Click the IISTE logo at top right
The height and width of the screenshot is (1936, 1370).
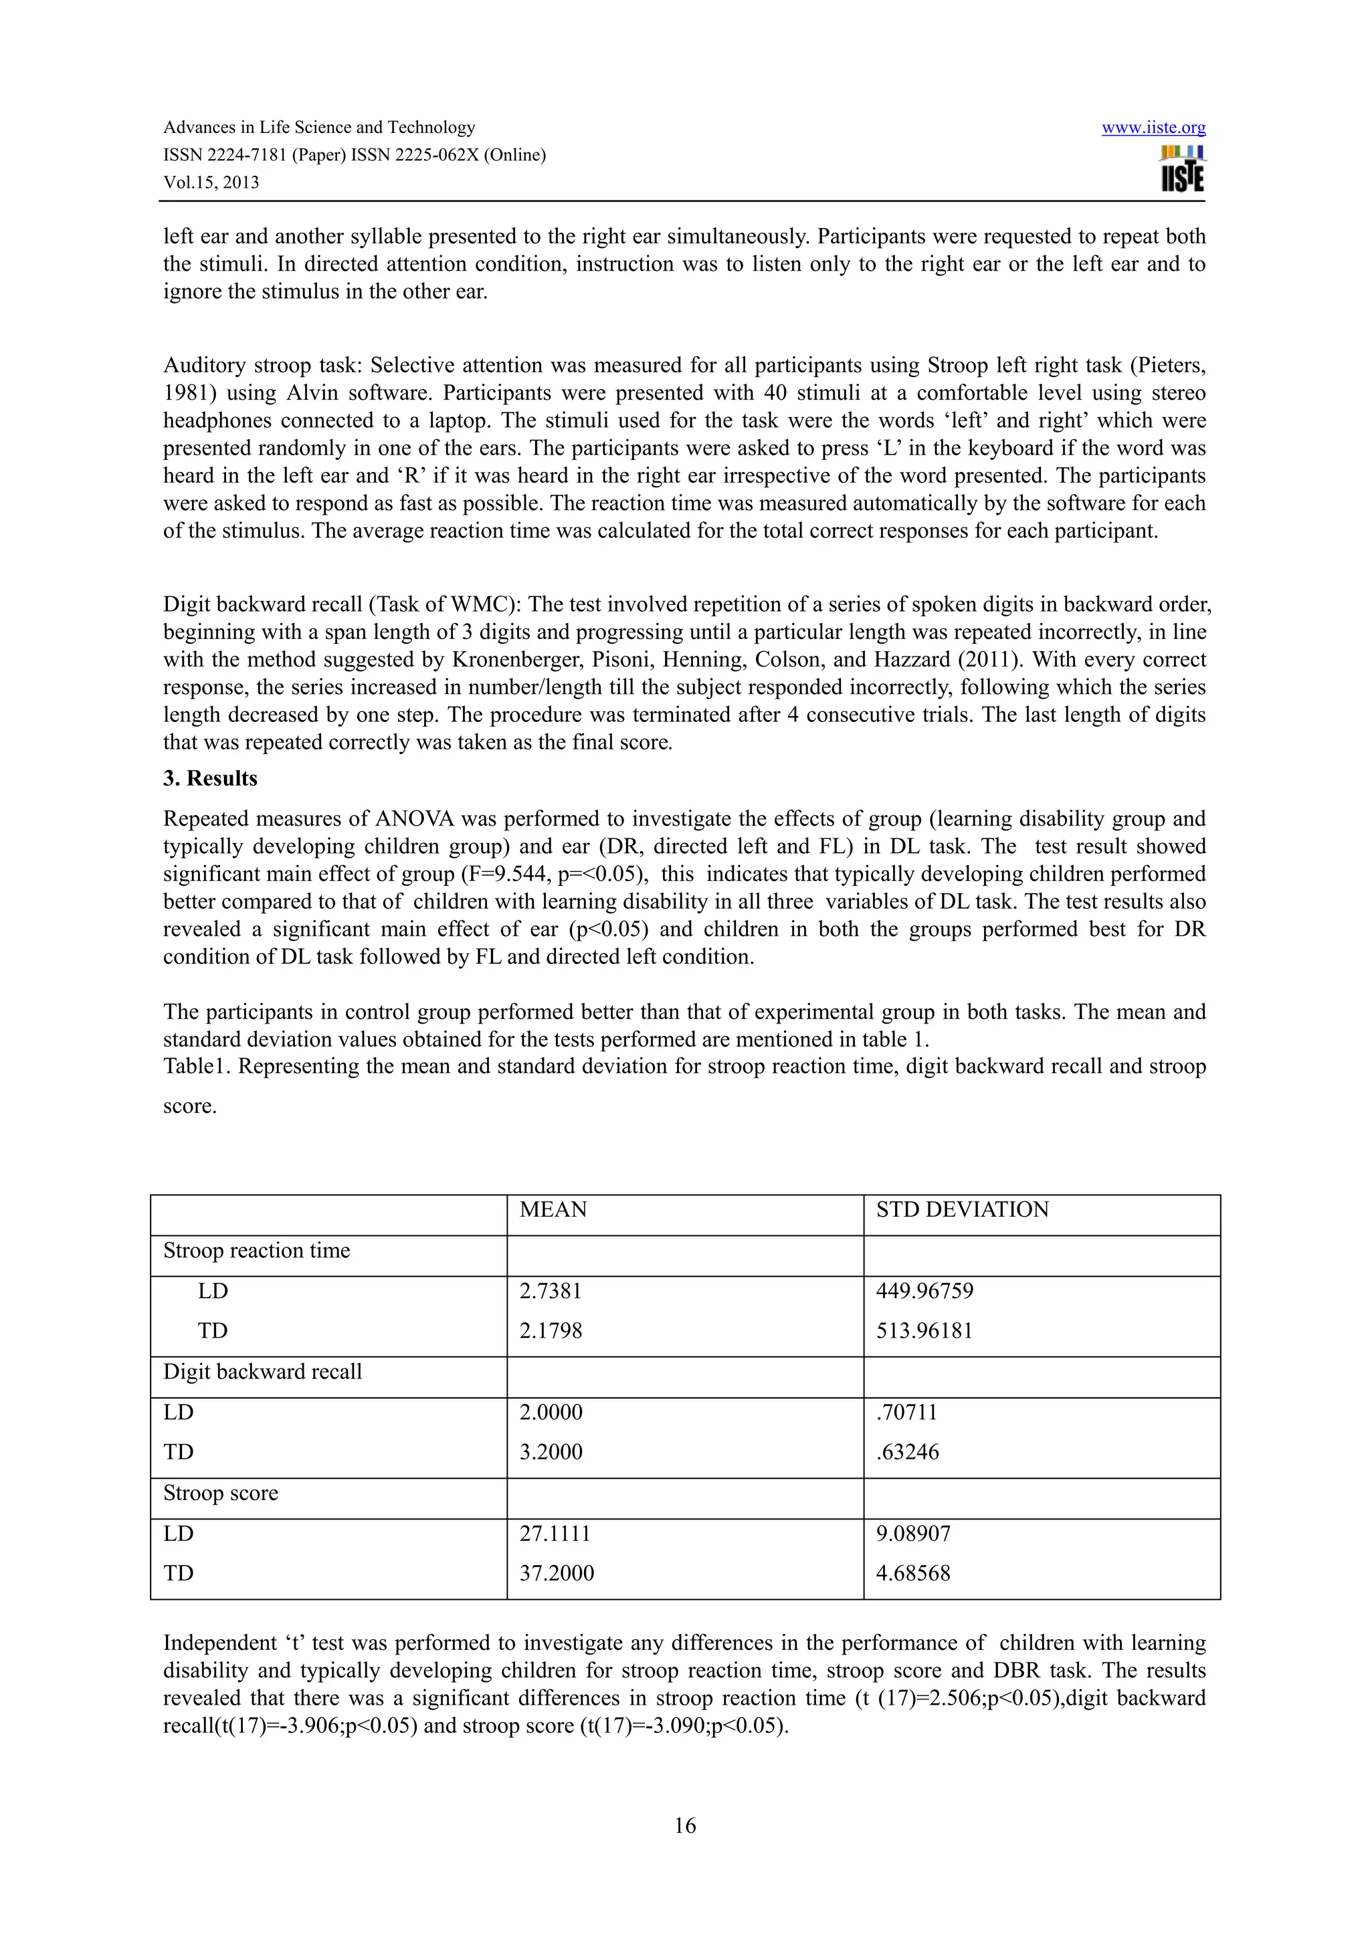(1182, 170)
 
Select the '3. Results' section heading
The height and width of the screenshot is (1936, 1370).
(210, 778)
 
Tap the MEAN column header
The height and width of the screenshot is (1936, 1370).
(553, 1209)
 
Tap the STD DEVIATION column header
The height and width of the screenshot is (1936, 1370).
(962, 1209)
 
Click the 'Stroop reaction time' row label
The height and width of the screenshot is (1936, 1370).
(256, 1251)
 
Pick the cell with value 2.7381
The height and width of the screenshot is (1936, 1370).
(550, 1291)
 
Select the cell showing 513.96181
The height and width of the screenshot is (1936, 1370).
(924, 1330)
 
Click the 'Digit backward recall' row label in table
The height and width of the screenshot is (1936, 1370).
(262, 1372)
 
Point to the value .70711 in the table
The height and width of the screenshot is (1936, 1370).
(906, 1413)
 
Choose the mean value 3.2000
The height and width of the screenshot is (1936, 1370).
(550, 1452)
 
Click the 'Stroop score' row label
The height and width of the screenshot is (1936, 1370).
(220, 1493)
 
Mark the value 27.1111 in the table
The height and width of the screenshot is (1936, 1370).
(555, 1534)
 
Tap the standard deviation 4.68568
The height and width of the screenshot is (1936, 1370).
(912, 1574)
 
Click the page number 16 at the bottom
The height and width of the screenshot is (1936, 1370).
(685, 1826)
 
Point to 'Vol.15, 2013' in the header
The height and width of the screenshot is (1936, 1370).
(211, 182)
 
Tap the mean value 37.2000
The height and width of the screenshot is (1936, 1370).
(556, 1574)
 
